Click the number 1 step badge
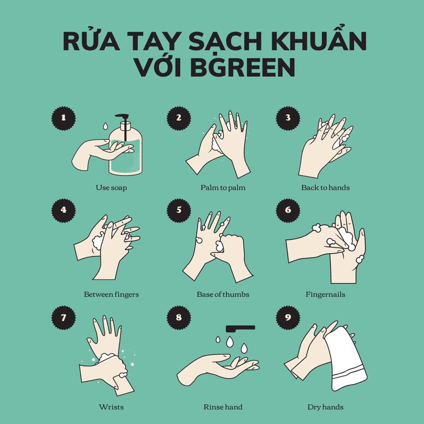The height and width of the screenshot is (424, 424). click(x=63, y=118)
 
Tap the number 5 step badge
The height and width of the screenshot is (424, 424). click(x=179, y=210)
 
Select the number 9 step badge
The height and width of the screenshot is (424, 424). click(x=288, y=318)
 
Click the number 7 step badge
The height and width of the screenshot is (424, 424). click(x=63, y=318)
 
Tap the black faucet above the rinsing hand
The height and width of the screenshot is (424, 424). click(x=240, y=328)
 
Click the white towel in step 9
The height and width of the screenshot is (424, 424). click(x=345, y=358)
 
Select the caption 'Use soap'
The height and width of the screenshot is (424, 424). click(x=111, y=188)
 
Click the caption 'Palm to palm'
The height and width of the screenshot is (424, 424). click(x=223, y=188)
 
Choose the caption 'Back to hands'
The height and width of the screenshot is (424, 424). click(x=325, y=188)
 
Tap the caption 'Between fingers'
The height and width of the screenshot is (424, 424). click(x=111, y=294)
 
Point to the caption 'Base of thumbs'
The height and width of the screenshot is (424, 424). click(x=223, y=294)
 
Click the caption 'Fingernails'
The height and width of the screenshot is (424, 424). click(x=325, y=294)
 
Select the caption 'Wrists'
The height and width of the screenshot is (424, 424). click(x=111, y=407)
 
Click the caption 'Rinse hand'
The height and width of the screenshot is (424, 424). click(x=223, y=407)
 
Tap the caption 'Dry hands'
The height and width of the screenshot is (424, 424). click(x=325, y=407)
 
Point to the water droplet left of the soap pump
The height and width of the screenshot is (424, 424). click(x=105, y=125)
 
